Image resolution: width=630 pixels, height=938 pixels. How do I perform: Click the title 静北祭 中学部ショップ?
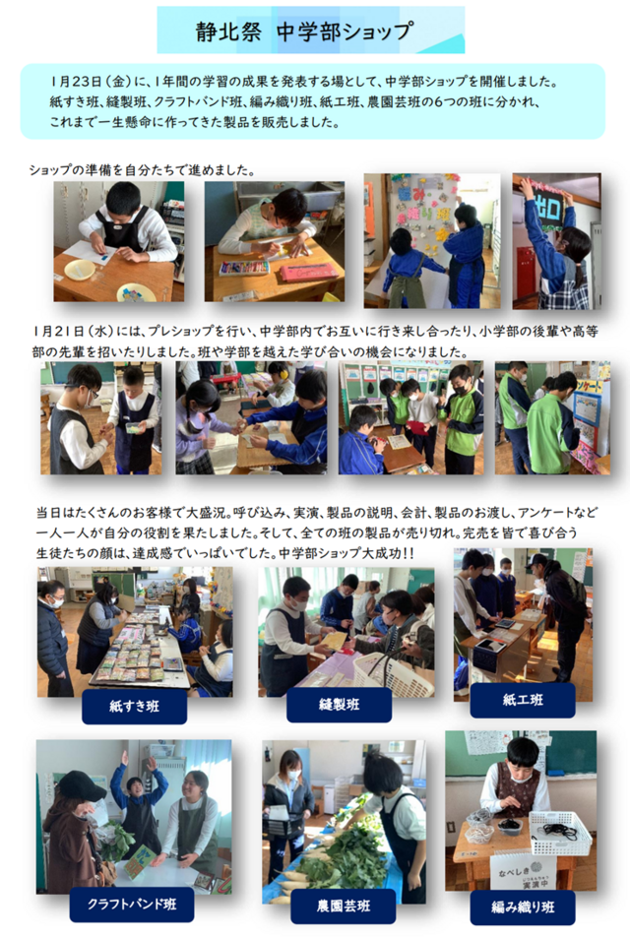coord(304,31)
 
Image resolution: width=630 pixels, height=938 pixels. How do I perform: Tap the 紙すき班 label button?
coord(134,707)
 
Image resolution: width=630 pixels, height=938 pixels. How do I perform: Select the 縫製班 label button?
coord(340,705)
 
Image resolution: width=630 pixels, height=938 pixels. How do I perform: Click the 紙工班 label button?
coord(523,700)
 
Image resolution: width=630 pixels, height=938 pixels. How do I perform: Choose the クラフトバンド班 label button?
coord(132,904)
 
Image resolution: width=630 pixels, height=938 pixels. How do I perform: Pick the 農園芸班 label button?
coord(344,906)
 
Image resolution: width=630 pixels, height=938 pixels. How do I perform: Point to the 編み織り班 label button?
coord(523,907)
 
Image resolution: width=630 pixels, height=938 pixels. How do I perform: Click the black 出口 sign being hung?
coord(550,209)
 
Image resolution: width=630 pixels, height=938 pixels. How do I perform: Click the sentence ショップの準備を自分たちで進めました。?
coord(143,170)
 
